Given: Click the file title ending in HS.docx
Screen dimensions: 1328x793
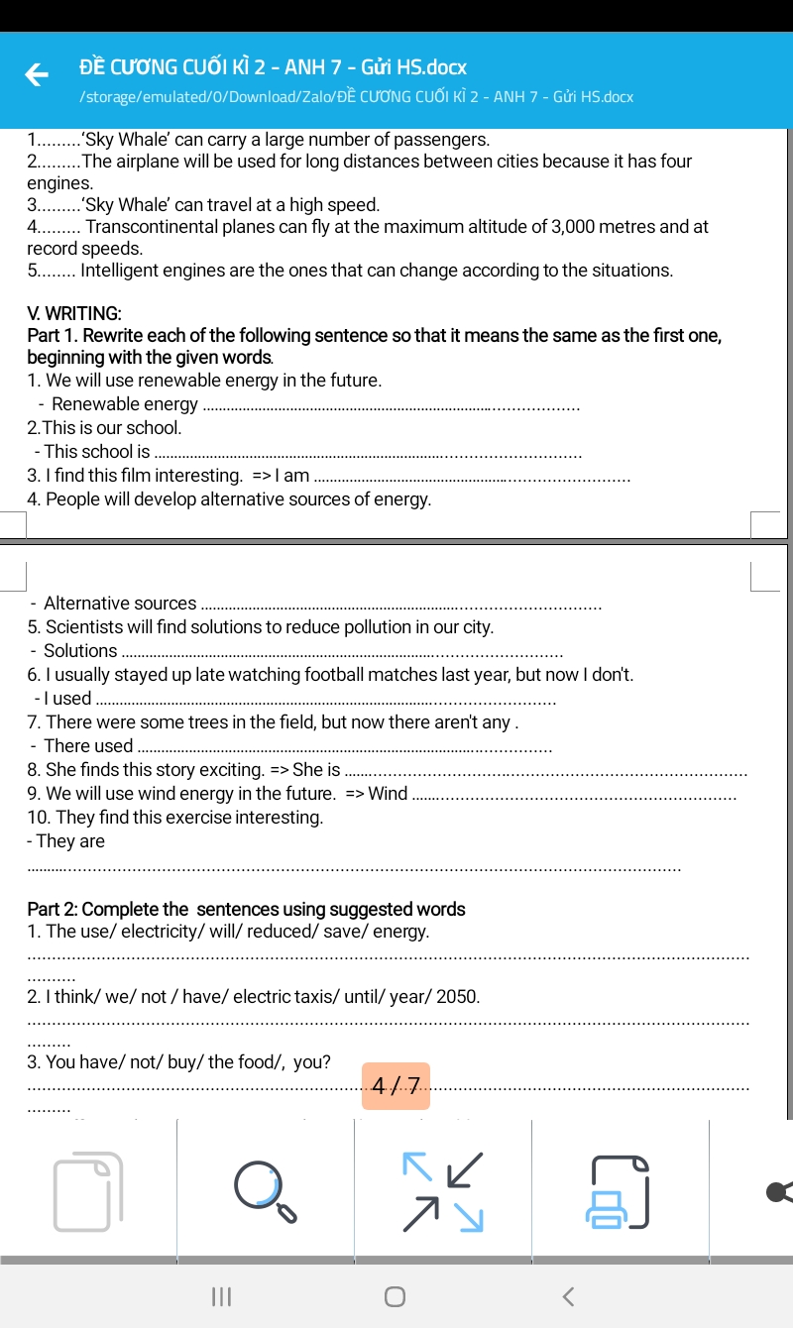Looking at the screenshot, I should click(x=273, y=68).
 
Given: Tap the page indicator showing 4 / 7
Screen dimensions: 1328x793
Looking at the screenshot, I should click(x=396, y=1085).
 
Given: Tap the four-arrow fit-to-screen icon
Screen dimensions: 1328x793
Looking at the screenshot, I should click(x=442, y=1191).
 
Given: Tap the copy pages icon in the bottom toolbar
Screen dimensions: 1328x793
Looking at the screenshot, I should click(x=88, y=1191).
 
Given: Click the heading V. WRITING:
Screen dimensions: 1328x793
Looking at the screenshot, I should click(x=74, y=313).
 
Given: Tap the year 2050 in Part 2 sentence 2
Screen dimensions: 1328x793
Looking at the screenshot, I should click(x=458, y=997).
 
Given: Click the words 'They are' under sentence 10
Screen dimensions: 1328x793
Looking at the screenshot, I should click(x=69, y=841).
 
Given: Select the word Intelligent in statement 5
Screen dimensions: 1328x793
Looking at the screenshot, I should click(x=122, y=271).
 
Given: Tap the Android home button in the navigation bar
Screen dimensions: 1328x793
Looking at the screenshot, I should click(x=396, y=1296).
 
